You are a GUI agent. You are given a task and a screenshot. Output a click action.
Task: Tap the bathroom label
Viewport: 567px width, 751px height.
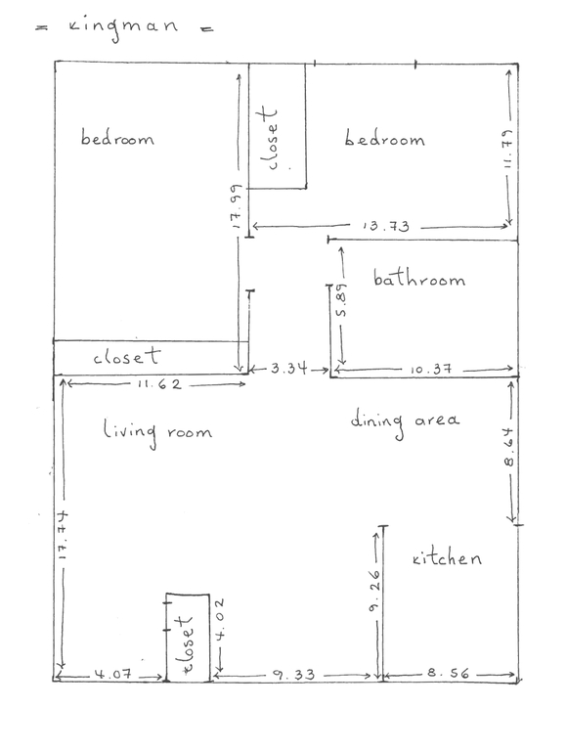(419, 281)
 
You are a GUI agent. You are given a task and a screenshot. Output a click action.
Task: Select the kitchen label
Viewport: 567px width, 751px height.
(447, 559)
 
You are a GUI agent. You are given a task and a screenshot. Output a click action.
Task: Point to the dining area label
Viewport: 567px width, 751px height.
(406, 421)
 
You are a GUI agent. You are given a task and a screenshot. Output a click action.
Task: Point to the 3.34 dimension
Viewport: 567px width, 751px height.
(288, 369)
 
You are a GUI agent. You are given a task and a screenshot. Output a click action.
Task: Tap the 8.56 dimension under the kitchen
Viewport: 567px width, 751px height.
(448, 674)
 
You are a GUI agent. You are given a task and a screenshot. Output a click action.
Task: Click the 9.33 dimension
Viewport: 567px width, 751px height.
(294, 674)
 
